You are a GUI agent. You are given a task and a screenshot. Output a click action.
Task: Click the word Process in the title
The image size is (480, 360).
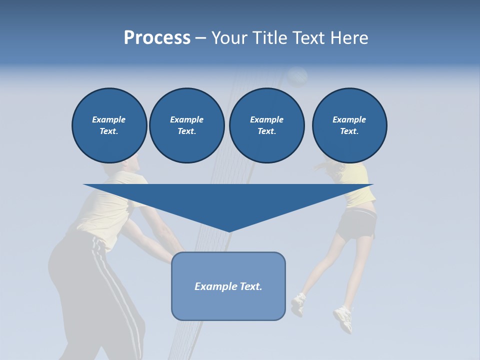point(157,38)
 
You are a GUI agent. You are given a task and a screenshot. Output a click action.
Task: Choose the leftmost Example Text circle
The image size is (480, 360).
point(109,125)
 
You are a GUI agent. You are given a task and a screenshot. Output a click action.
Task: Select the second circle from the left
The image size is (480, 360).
point(186,125)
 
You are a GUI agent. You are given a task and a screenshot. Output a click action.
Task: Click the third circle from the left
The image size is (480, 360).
point(266,125)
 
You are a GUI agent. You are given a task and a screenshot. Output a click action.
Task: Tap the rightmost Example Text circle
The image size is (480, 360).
point(349,125)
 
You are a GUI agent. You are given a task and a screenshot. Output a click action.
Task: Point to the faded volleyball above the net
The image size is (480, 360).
point(297,76)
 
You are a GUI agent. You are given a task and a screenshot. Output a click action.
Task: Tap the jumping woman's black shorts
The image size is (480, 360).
point(356,224)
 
